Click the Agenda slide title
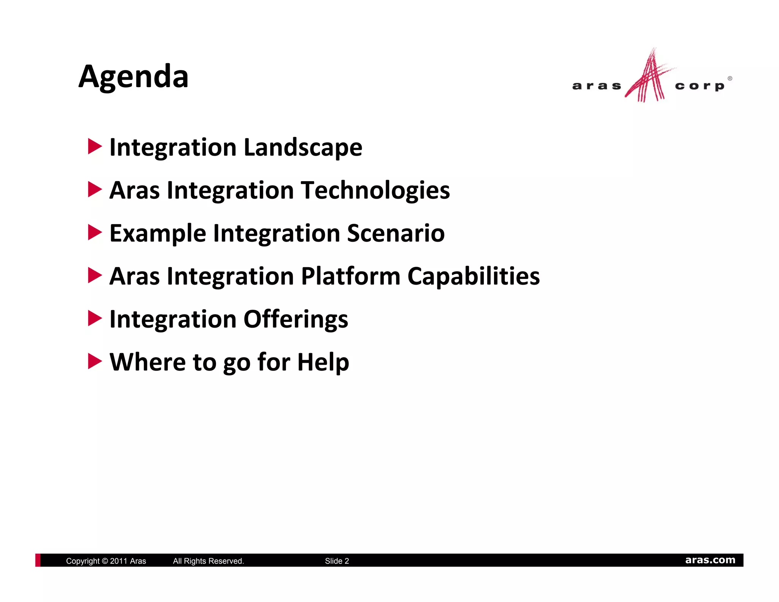pyautogui.click(x=133, y=76)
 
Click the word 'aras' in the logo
pyautogui.click(x=596, y=86)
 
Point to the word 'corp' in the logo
pyautogui.click(x=700, y=86)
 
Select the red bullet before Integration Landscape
pyautogui.click(x=94, y=147)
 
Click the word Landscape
pyautogui.click(x=303, y=148)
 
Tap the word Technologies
pyautogui.click(x=375, y=190)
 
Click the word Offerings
pyautogui.click(x=296, y=319)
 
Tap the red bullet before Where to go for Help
pyautogui.click(x=94, y=361)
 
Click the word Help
pyautogui.click(x=323, y=362)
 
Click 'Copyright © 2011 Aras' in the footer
pyautogui.click(x=106, y=561)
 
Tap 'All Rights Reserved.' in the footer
pyautogui.click(x=208, y=561)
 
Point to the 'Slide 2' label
pyautogui.click(x=337, y=561)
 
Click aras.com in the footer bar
pyautogui.click(x=710, y=560)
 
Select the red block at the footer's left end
pyautogui.click(x=38, y=560)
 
